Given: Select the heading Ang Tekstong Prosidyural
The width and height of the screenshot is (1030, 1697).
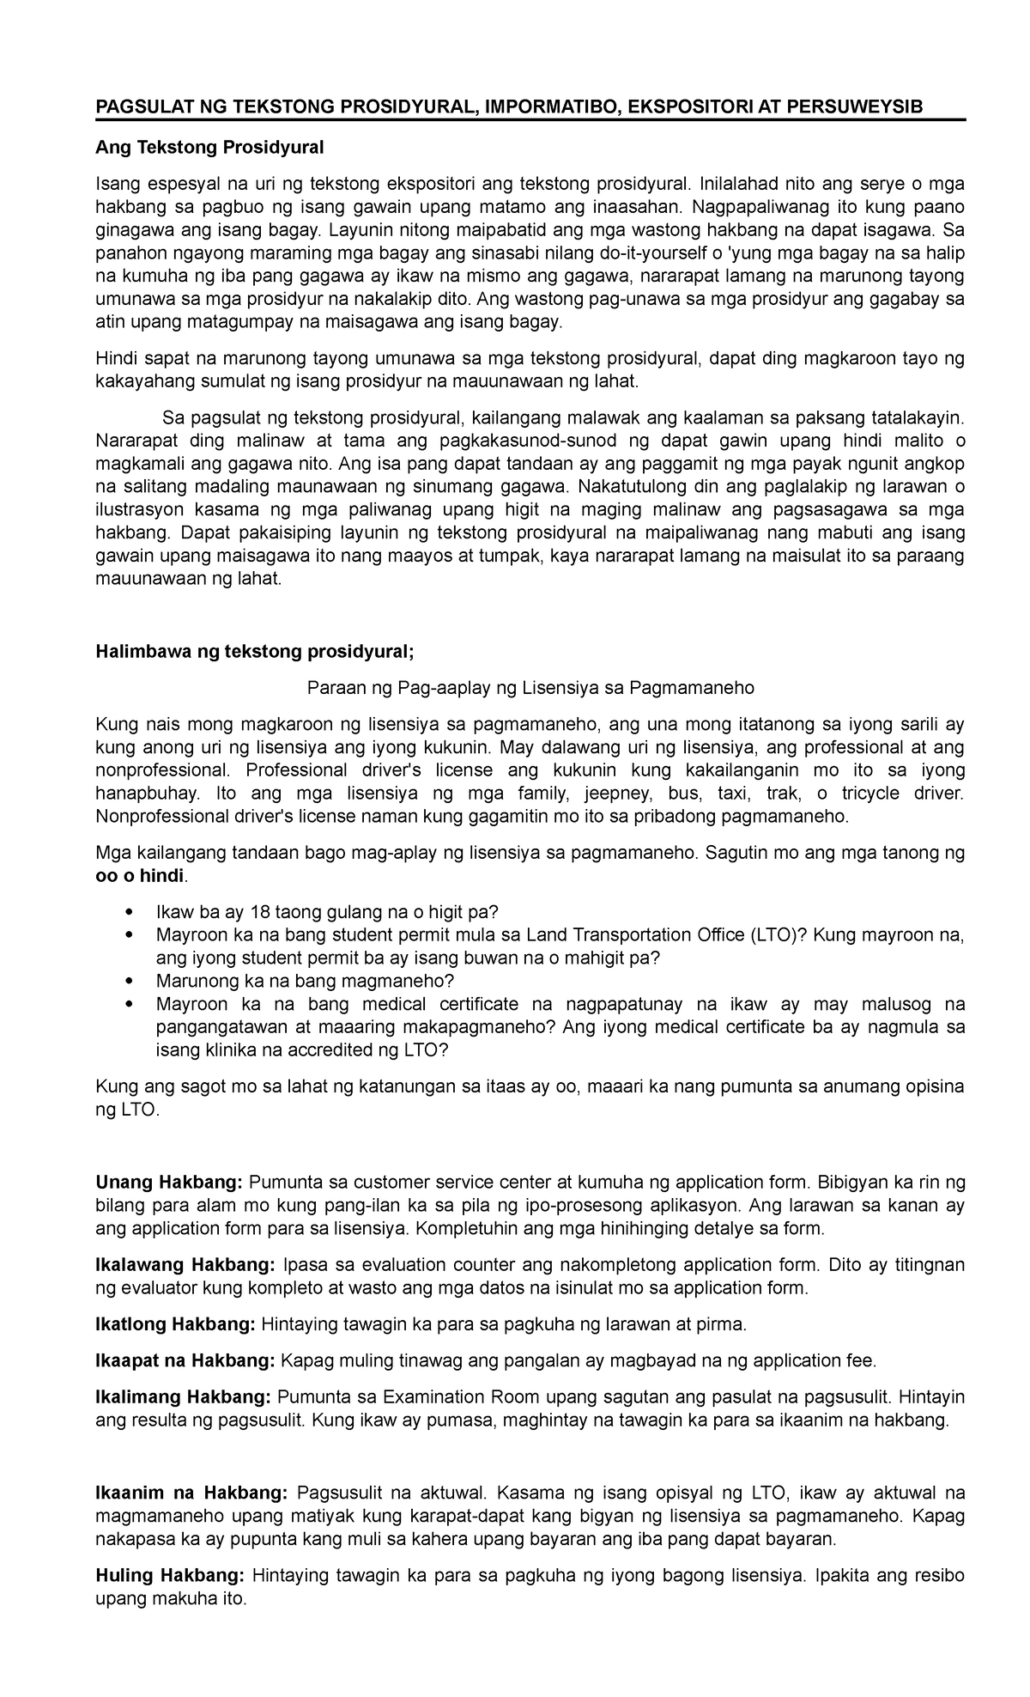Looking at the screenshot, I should (x=209, y=148).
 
